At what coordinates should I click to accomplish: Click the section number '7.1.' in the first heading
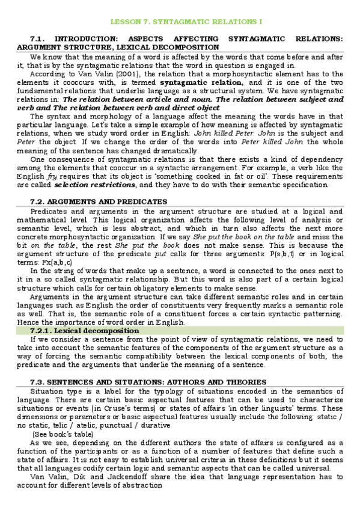(x=41, y=38)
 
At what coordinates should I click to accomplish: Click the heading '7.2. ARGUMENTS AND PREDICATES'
(x=99, y=201)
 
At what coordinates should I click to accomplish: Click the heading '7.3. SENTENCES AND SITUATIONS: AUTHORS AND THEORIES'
(x=148, y=382)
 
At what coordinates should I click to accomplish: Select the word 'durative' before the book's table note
(x=157, y=425)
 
